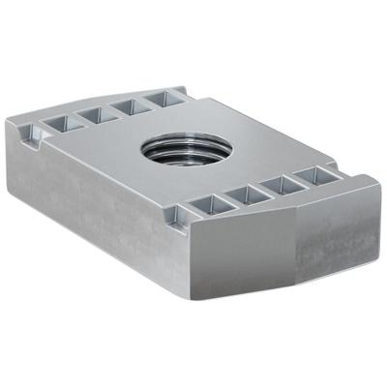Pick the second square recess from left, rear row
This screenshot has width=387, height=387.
[x=89, y=114]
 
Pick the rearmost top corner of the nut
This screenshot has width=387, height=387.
[x=183, y=85]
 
